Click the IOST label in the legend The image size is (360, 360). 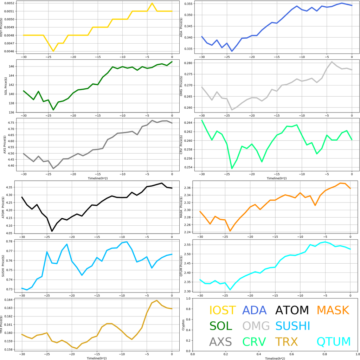coord(223,310)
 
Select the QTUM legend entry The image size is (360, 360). coord(333,341)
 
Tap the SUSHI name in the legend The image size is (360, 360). coord(292,326)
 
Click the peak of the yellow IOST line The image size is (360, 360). coord(152,3)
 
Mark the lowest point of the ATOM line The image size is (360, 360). coord(52,231)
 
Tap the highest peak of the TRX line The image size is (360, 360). coord(157,301)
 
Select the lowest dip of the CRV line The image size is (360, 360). coord(232,168)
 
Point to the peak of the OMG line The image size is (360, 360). coord(332,62)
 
